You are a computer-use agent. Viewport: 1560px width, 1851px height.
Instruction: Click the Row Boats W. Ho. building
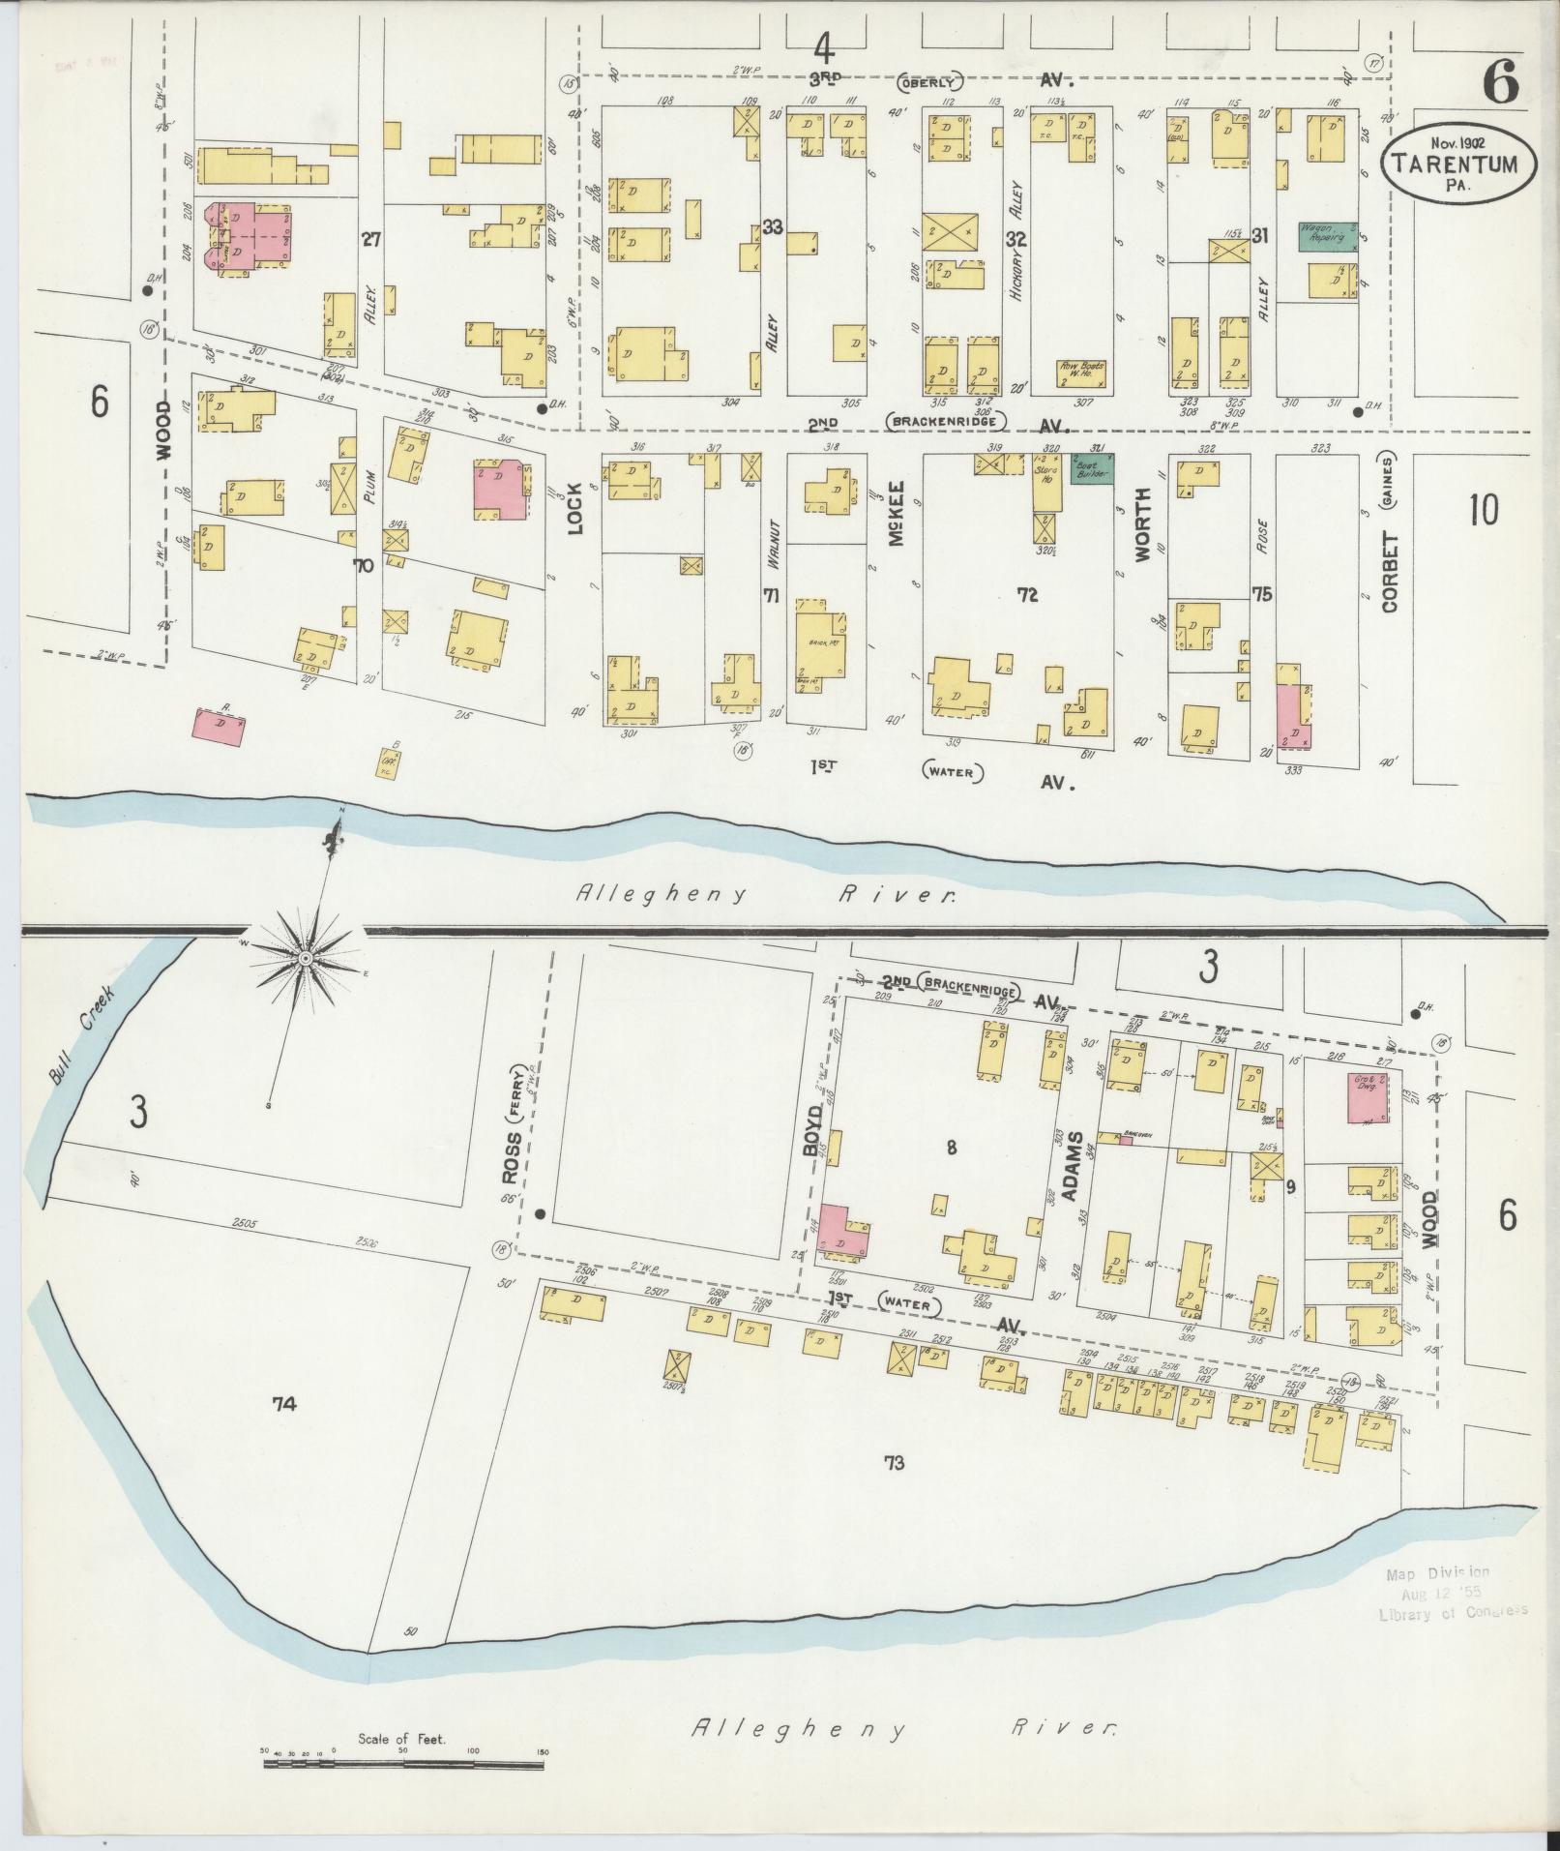[1082, 373]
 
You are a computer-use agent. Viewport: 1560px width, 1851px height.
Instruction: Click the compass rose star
[305, 958]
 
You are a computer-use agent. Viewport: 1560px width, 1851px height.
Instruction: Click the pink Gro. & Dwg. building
[1368, 1097]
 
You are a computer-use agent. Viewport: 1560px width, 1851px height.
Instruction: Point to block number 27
[369, 238]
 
